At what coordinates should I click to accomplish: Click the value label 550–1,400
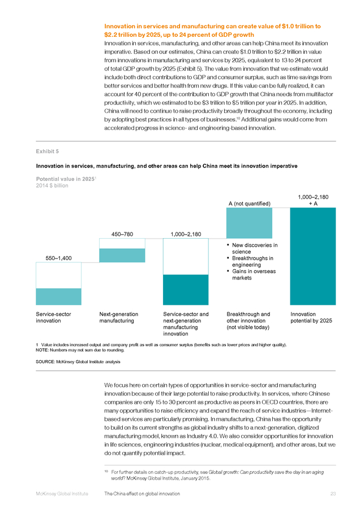click(x=58, y=258)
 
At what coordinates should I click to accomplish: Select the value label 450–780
click(x=122, y=234)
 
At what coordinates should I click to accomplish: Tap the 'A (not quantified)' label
click(x=249, y=204)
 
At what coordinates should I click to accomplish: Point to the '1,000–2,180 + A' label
click(x=313, y=200)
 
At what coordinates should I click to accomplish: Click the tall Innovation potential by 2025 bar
click(x=313, y=256)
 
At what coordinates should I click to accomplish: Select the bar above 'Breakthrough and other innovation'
click(x=249, y=223)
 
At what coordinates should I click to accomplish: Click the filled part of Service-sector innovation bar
click(x=58, y=296)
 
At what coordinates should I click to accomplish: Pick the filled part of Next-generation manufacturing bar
click(x=122, y=256)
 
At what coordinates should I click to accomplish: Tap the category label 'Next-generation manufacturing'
click(x=119, y=317)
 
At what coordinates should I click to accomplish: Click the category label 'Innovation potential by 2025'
click(x=311, y=317)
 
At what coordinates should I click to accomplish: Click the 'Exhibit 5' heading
click(x=48, y=151)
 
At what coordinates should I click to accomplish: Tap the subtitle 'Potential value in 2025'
click(x=66, y=179)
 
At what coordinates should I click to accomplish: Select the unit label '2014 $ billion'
click(x=52, y=186)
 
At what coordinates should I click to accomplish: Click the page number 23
click(x=333, y=493)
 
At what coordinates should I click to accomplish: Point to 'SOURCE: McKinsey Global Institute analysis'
click(x=78, y=361)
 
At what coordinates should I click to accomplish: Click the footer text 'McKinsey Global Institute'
click(x=62, y=493)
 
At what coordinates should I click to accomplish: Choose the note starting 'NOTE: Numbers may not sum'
click(x=80, y=350)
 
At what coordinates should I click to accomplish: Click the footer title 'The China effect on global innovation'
click(x=142, y=493)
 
